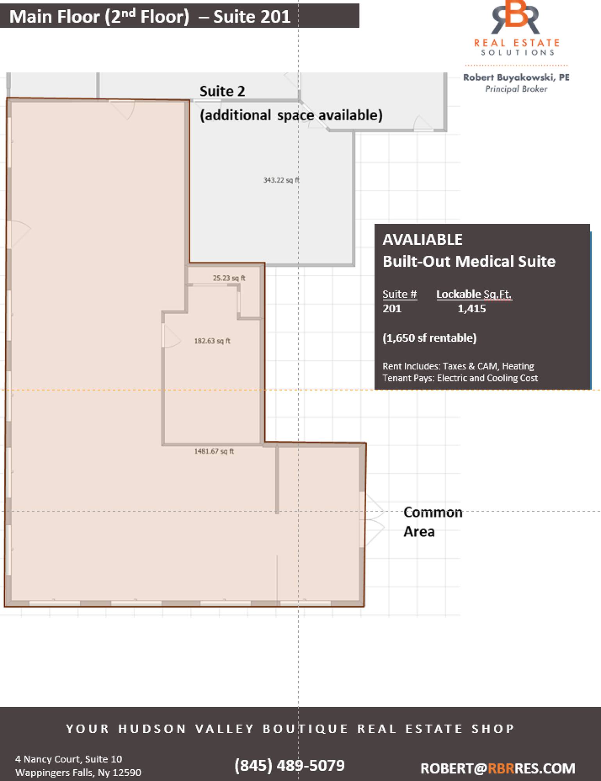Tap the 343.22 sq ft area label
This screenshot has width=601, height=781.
[x=281, y=180]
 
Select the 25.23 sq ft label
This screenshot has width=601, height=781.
[x=229, y=278]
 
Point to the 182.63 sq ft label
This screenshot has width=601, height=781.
[x=212, y=341]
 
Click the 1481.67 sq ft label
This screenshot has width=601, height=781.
[x=214, y=451]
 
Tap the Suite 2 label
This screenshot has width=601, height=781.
[x=222, y=91]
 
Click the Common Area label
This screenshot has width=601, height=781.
[x=433, y=522]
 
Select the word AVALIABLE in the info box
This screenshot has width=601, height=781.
[x=423, y=239]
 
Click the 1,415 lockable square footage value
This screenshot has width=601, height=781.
[x=472, y=308]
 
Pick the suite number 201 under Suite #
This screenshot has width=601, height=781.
[x=392, y=308]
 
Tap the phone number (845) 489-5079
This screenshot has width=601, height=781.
[x=289, y=765]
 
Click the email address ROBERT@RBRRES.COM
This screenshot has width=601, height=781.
[x=498, y=768]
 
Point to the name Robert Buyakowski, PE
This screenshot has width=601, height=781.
[x=516, y=77]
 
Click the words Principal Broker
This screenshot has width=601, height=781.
[x=516, y=89]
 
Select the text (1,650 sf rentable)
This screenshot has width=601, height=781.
[x=430, y=338]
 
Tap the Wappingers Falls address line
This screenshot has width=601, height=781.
[x=78, y=773]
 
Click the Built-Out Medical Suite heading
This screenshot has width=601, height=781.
[x=469, y=261]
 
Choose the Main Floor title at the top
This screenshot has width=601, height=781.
[x=150, y=16]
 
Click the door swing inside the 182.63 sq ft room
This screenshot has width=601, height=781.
[x=171, y=336]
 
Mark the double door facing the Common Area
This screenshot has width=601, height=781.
[x=372, y=519]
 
